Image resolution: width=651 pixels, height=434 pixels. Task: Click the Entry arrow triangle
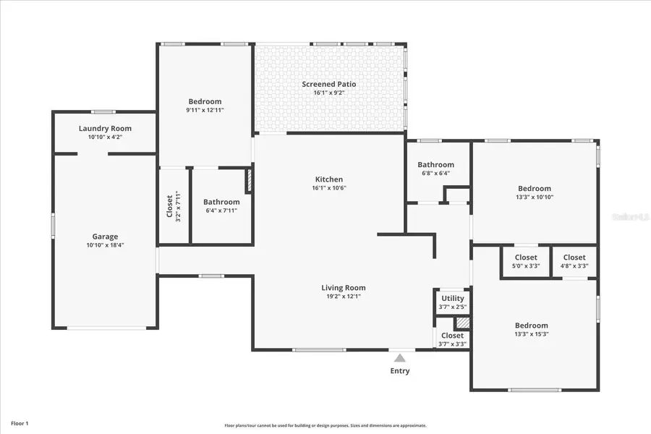400,357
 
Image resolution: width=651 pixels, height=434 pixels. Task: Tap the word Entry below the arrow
400,371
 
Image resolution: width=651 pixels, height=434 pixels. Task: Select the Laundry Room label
105,129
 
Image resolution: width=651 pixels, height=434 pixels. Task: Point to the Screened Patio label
329,85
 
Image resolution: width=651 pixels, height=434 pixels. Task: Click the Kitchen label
329,179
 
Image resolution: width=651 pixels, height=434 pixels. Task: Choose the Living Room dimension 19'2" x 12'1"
344,297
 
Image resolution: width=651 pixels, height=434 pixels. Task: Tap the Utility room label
453,299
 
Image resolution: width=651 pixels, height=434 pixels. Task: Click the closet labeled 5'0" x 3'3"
526,266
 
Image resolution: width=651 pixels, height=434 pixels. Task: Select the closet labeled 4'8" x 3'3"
574,266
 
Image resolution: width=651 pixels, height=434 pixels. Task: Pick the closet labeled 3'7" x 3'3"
453,344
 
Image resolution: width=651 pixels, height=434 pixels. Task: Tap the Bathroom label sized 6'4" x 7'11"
221,203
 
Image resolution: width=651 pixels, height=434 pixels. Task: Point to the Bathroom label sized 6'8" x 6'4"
435,165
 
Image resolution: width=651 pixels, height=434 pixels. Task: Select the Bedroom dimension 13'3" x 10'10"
534,197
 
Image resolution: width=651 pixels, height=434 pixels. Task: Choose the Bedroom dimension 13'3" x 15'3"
532,334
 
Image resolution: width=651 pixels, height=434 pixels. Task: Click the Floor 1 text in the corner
20,422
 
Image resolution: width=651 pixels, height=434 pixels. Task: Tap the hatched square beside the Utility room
462,323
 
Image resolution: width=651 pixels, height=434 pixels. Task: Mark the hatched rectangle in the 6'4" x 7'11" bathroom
250,181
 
